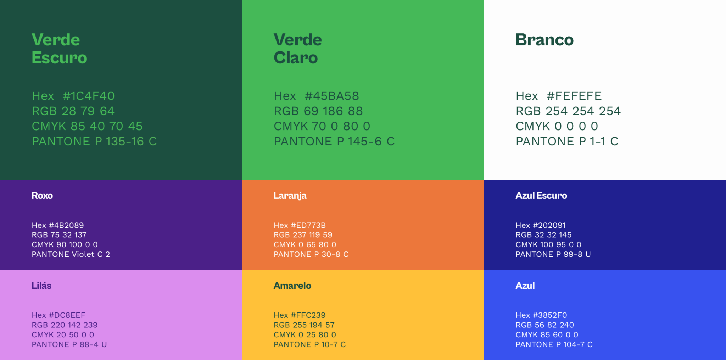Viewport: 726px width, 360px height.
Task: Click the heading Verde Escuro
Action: (59, 49)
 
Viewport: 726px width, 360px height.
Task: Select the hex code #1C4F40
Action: (89, 96)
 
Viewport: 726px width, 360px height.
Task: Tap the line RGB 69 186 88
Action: (318, 111)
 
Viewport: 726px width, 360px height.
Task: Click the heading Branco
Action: (544, 40)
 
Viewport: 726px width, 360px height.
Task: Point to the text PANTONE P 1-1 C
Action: (567, 141)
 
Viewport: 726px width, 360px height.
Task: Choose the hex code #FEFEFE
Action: (574, 96)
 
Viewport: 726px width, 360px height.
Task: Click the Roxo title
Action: (42, 195)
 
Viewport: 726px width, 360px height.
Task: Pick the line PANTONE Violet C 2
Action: (71, 254)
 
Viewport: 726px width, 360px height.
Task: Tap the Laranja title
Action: (290, 196)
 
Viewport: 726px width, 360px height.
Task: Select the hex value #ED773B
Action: (308, 225)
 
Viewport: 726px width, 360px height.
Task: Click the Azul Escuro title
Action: (541, 195)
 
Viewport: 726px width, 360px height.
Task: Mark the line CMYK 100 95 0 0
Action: (548, 244)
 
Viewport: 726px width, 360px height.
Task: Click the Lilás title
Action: (41, 286)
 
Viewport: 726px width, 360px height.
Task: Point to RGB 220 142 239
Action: (65, 325)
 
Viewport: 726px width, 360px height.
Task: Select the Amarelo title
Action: (292, 286)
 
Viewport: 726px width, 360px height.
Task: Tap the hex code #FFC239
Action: (308, 315)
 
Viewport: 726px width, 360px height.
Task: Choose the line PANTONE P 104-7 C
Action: (554, 344)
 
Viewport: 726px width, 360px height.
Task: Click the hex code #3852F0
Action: (550, 315)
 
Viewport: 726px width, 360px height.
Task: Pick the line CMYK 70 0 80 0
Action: (322, 126)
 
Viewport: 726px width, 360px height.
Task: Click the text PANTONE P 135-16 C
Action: (94, 141)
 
